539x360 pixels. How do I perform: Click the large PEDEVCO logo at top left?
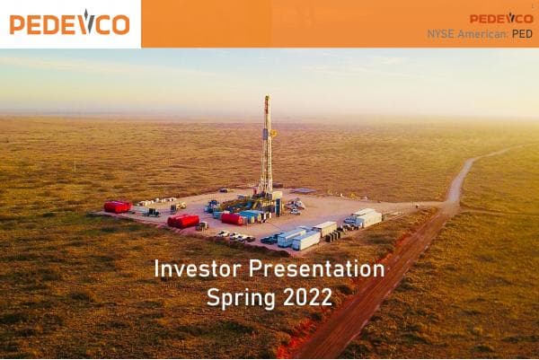69,23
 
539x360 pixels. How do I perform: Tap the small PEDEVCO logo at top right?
500,18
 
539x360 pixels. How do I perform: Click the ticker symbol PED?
523,34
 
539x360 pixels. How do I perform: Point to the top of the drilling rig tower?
267,99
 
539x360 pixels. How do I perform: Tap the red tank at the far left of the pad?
117,206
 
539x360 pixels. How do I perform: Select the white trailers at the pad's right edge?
366,218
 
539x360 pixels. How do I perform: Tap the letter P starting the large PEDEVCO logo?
17,24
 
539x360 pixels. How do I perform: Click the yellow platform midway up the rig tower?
272,133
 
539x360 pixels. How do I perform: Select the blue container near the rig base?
250,215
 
